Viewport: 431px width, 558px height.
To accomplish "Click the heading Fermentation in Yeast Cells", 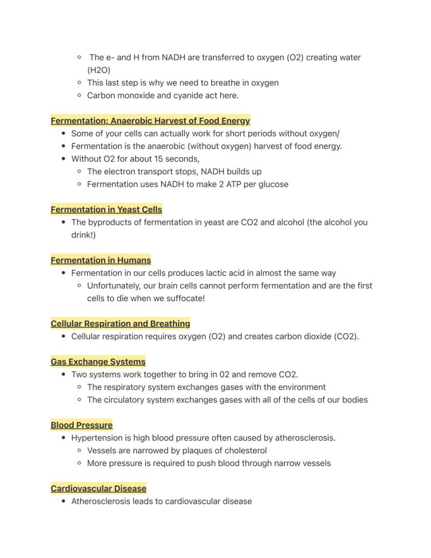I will point(106,209).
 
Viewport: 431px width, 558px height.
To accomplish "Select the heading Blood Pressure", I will point(81,425).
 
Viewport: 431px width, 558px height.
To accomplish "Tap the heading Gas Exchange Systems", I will point(98,362).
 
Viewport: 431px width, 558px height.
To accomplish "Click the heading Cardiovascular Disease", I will point(98,489).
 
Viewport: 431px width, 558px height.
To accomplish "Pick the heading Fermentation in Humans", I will point(100,260).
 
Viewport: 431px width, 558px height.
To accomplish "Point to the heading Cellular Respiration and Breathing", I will point(120,324).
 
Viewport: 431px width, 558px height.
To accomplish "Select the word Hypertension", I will point(94,438).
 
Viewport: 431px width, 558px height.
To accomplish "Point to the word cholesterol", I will point(246,451).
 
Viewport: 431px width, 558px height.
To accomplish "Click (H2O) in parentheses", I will point(99,70).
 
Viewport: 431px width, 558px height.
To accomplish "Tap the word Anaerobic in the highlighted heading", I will point(131,121).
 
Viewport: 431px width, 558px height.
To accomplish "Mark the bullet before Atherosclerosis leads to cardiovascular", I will point(64,501).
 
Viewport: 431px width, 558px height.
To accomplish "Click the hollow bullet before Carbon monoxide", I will point(79,95).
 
